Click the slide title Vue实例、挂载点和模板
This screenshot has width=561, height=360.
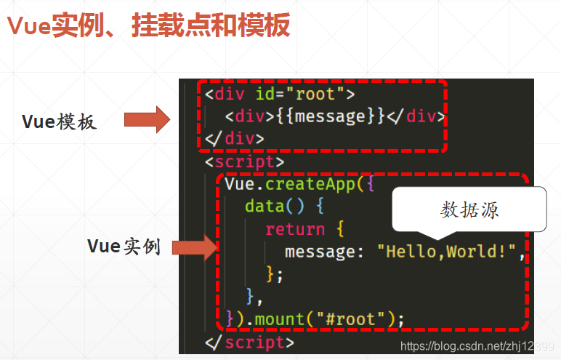point(149,26)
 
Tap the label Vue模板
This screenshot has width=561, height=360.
point(59,121)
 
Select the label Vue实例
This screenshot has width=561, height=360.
point(124,246)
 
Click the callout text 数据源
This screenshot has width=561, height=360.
point(469,210)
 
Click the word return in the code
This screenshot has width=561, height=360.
point(295,229)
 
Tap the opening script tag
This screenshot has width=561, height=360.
point(245,161)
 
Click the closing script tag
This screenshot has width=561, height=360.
point(250,341)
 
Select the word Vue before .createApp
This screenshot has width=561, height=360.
point(239,184)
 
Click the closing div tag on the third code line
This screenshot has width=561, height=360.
point(235,138)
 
